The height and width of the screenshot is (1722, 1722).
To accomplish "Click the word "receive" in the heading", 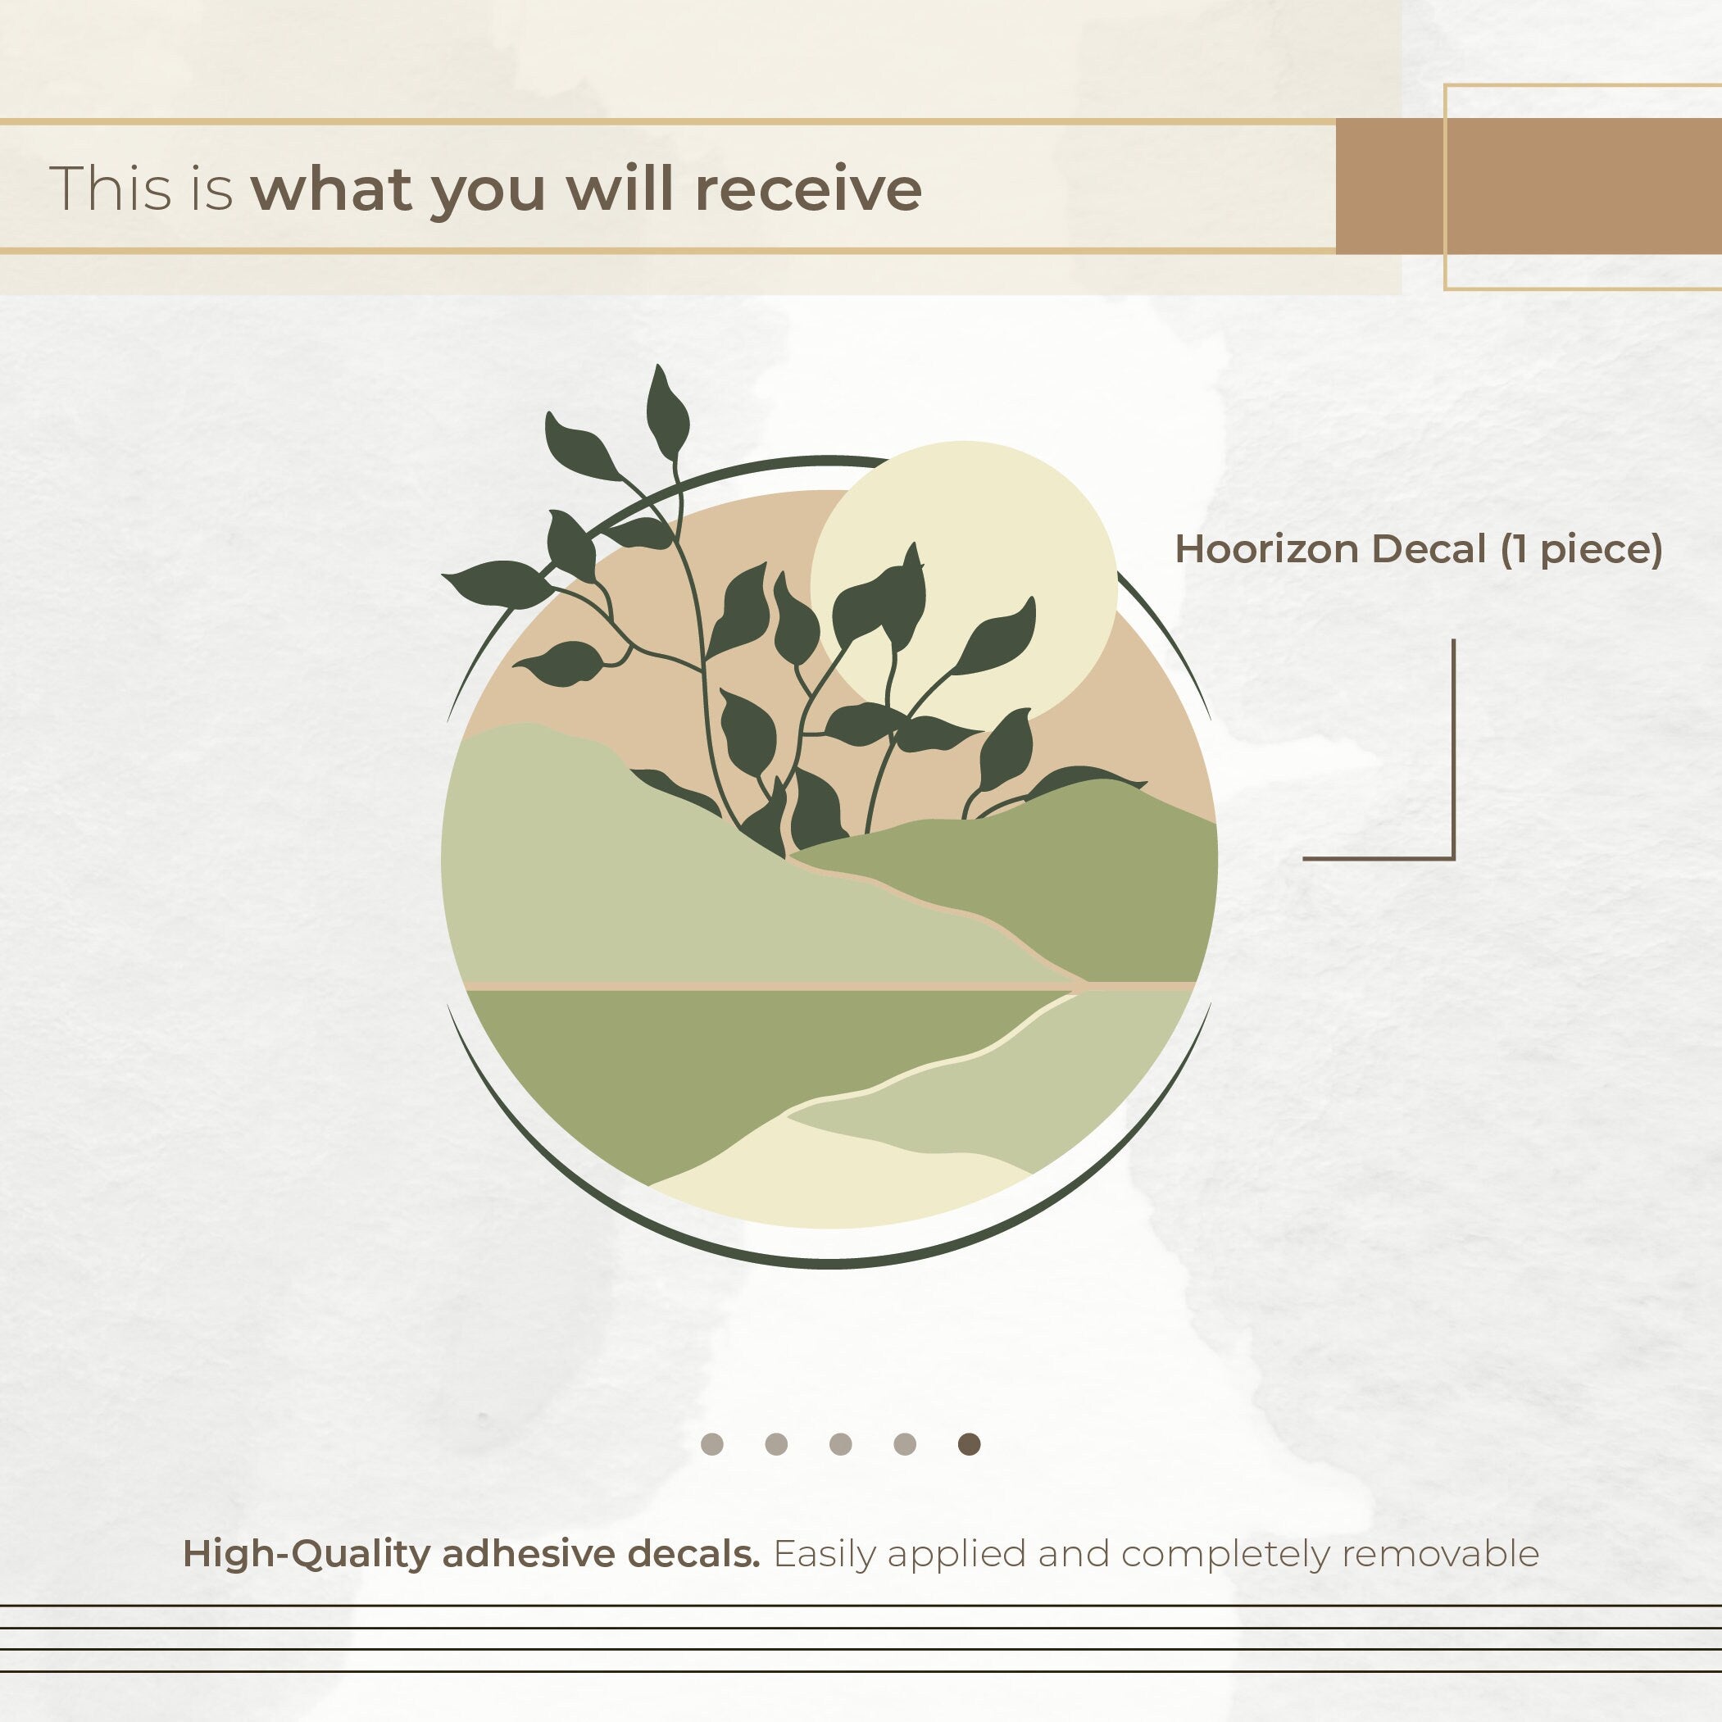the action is [x=807, y=189].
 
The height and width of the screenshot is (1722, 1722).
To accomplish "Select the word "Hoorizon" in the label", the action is [x=1266, y=549].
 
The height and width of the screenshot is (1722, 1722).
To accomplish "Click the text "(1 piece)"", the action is [x=1581, y=550].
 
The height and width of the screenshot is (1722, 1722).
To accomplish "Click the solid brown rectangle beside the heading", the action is [x=1529, y=185].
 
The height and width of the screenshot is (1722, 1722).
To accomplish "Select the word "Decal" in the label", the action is [x=1429, y=549].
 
